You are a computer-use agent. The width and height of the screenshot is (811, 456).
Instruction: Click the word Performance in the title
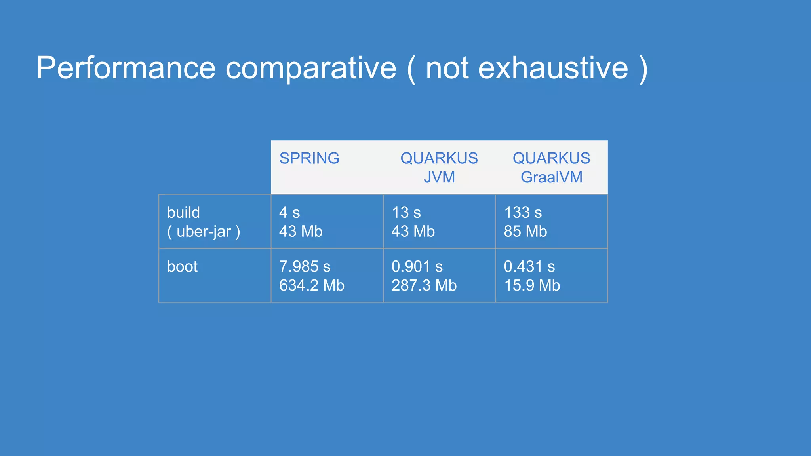click(x=126, y=68)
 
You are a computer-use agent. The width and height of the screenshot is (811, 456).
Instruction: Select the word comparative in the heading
click(x=311, y=68)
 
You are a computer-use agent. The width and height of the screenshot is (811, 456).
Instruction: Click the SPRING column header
click(x=309, y=158)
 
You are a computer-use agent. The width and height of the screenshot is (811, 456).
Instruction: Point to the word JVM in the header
click(x=439, y=177)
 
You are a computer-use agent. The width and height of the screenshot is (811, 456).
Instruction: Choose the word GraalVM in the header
click(x=551, y=177)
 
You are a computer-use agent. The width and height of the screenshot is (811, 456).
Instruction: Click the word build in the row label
click(x=183, y=213)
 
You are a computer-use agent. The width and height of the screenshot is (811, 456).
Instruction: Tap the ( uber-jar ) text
click(x=204, y=232)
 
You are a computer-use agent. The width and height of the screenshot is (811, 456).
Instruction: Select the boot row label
click(x=182, y=267)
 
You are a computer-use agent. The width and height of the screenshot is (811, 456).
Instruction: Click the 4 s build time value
click(x=289, y=213)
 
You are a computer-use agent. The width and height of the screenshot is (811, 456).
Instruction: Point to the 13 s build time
click(x=406, y=213)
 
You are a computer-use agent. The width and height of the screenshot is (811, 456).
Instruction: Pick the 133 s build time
click(x=523, y=213)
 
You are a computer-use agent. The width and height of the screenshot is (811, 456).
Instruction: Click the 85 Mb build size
click(x=525, y=232)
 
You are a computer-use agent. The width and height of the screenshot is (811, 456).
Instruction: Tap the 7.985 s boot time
click(x=305, y=267)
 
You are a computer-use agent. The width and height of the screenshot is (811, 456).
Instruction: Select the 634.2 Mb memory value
click(x=312, y=286)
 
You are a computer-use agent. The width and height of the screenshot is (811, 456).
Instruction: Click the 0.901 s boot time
click(x=417, y=267)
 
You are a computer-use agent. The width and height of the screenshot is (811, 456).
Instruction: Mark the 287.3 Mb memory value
click(x=424, y=286)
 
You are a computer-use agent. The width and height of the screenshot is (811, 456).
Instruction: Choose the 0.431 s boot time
click(x=529, y=267)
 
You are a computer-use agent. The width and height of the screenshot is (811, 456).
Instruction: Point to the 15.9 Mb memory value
click(x=532, y=286)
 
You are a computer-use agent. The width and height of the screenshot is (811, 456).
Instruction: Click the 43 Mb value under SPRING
click(x=301, y=232)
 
